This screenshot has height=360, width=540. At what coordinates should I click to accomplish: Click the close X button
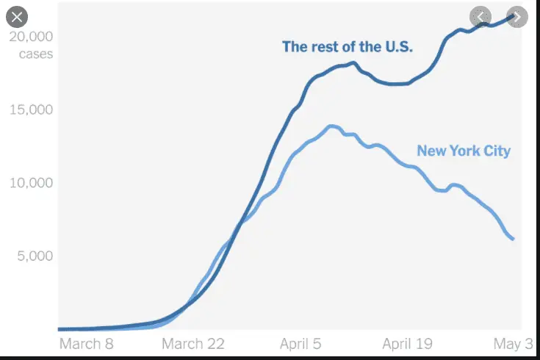tap(17, 16)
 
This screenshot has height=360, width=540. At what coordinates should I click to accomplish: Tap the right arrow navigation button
tap(517, 16)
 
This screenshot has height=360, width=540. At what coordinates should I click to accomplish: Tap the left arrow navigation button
tap(482, 16)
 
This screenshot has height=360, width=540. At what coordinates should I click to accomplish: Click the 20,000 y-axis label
tap(31, 37)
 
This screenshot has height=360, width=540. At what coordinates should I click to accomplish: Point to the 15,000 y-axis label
tap(31, 109)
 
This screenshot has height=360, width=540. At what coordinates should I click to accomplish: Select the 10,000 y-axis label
tap(31, 182)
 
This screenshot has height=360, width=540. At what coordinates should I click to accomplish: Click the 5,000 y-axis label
tap(34, 256)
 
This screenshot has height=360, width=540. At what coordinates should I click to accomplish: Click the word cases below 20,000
tap(35, 54)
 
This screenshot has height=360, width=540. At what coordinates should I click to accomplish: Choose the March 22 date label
tap(192, 343)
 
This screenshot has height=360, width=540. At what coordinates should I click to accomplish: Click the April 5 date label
tap(300, 343)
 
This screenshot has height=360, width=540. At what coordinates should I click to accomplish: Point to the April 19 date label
tap(408, 343)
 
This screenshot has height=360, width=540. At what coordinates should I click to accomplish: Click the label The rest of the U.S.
tap(348, 47)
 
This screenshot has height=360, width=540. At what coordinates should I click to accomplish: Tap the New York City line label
tap(464, 151)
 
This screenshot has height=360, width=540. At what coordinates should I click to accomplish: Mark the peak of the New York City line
tap(332, 126)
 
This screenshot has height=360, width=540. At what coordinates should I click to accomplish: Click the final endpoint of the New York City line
tap(513, 239)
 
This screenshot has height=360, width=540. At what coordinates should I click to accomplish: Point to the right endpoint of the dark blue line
tap(513, 16)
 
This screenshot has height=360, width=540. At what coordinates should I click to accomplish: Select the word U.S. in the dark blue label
tap(396, 47)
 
